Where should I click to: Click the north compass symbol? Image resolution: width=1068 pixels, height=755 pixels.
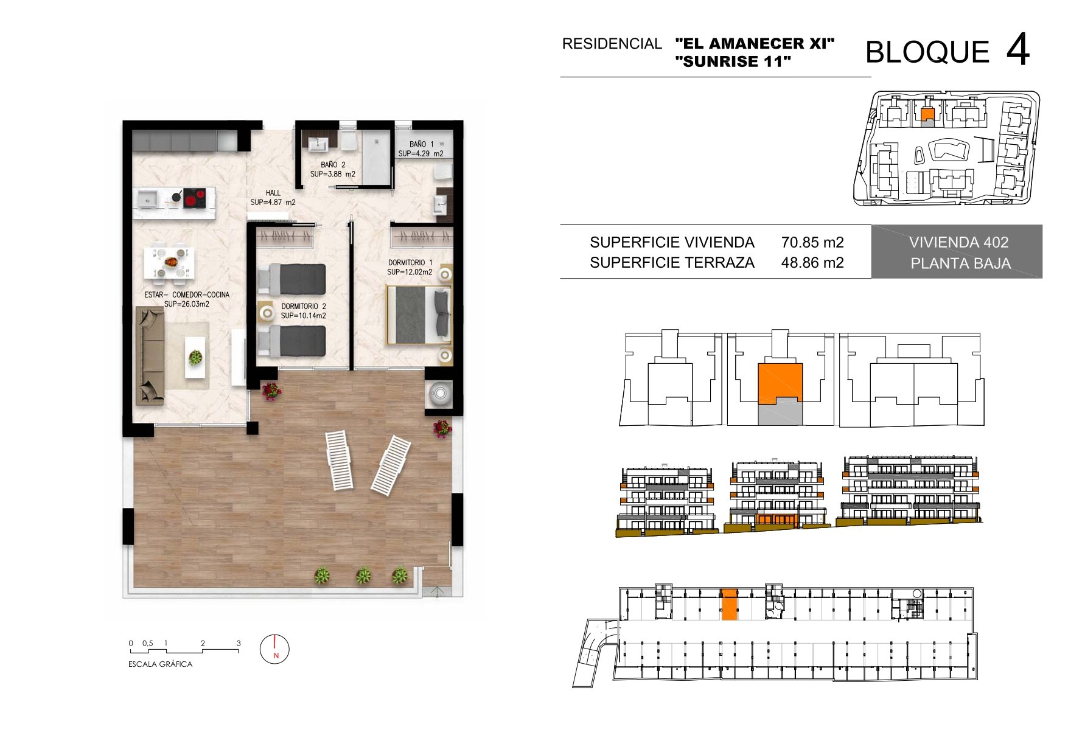274,649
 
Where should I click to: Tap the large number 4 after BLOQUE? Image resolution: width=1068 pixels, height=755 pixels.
1017,50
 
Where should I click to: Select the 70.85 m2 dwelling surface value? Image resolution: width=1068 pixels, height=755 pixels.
812,242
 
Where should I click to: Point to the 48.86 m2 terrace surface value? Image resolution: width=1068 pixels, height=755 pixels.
812,262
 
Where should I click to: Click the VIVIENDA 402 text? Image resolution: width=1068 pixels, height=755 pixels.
958,242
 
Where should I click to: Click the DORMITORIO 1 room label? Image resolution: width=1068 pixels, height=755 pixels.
410,263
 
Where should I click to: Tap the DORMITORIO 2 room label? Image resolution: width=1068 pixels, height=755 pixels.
304,307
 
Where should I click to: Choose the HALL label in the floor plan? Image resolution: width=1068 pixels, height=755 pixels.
273,193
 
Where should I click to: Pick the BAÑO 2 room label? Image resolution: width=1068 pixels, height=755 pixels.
333,165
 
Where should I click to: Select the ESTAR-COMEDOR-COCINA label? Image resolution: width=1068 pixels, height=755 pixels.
187,294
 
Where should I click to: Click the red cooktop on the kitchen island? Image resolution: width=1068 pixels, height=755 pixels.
195,198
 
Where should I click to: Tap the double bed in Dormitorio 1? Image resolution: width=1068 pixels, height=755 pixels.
419,315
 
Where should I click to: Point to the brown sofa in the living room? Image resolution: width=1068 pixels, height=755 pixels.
150,355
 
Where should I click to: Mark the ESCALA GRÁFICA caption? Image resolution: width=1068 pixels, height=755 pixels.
160,664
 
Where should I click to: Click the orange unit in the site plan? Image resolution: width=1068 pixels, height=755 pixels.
927,114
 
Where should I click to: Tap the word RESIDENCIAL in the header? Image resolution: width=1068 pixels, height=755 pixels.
612,44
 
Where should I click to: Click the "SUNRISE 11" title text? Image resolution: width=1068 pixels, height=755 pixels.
733,61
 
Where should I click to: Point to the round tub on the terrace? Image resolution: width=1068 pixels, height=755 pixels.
440,392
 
